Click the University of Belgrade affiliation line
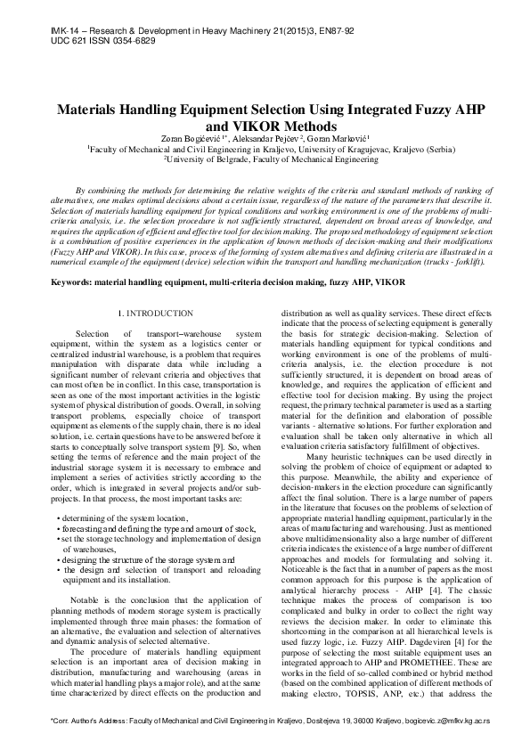pos(266,161)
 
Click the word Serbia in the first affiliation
pos(428,151)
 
